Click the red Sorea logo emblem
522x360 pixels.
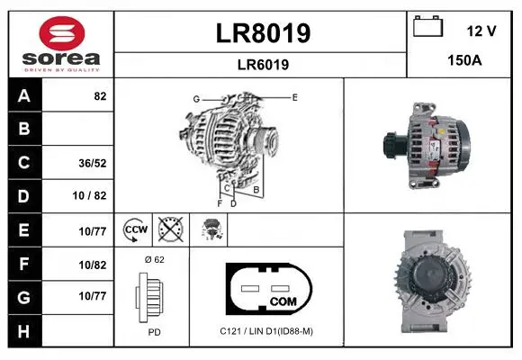[x=62, y=33]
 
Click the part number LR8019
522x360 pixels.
[x=263, y=33]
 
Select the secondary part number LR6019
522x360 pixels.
[x=263, y=65]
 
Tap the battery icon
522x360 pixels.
[x=427, y=26]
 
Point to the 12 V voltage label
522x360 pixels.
[x=481, y=31]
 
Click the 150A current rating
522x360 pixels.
[x=464, y=60]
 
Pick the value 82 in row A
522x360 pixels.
[x=100, y=96]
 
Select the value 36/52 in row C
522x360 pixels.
[x=93, y=163]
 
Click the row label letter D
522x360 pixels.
[x=23, y=196]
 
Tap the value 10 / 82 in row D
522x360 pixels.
[x=89, y=195]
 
